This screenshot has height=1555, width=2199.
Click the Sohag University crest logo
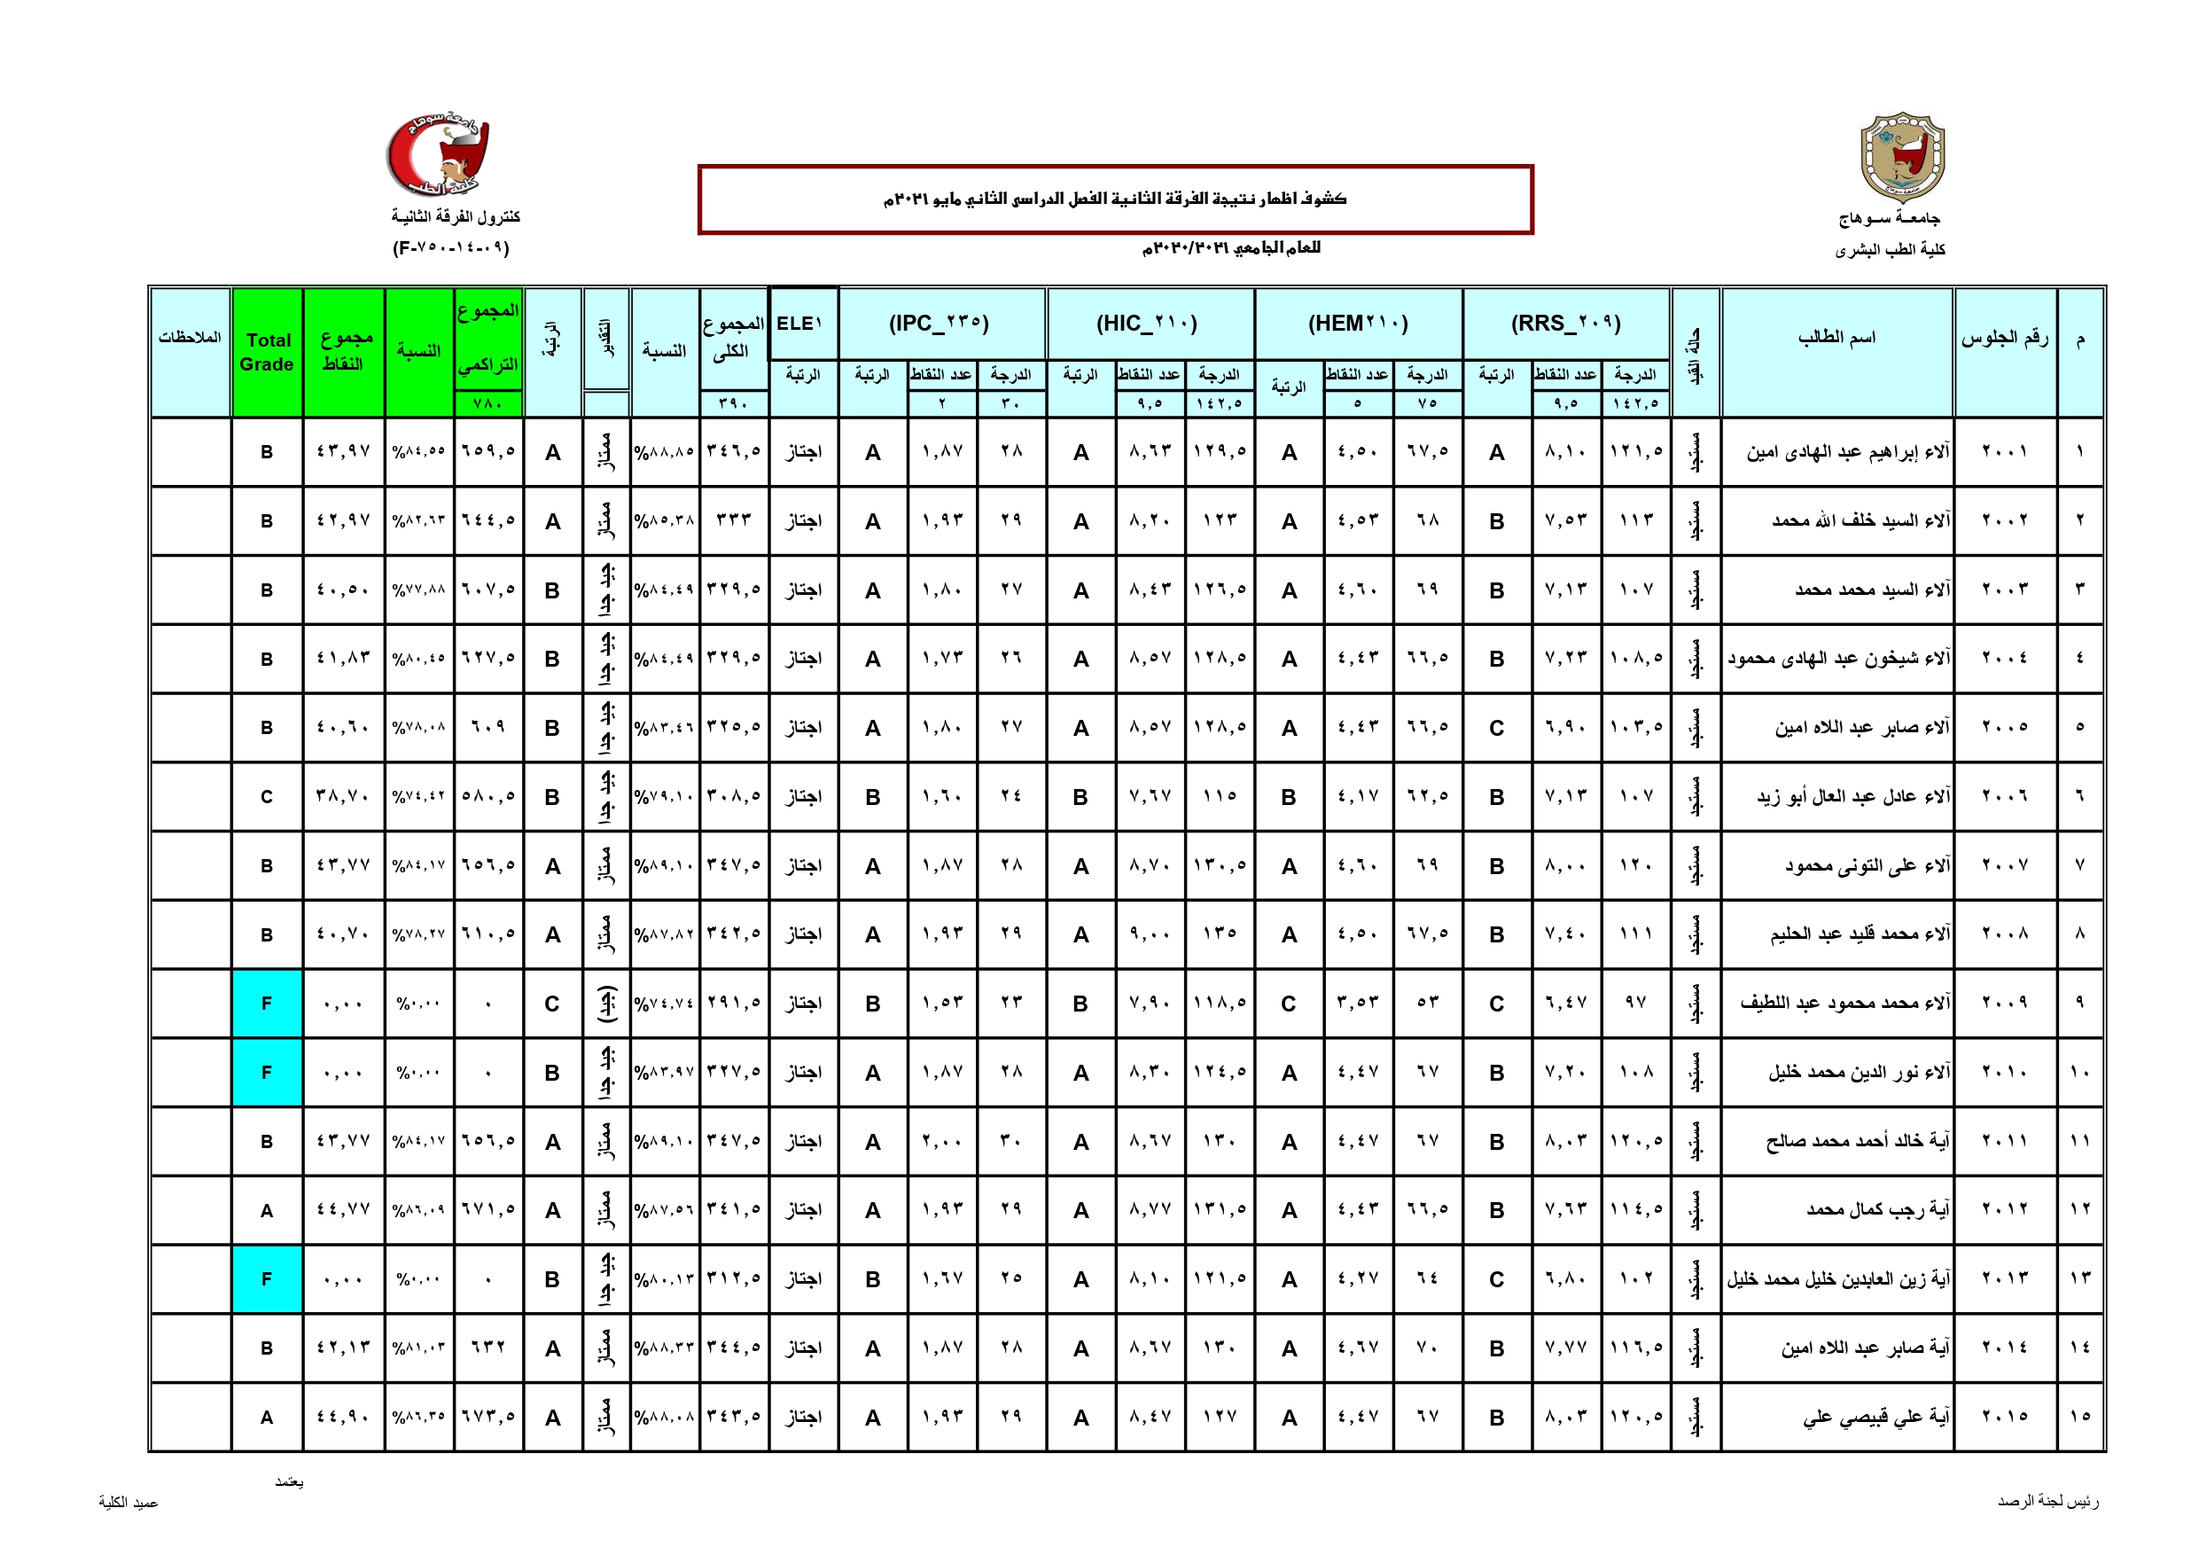pos(1902,157)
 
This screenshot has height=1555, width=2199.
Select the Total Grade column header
pos(267,352)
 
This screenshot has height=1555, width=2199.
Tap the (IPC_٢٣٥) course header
pos(940,323)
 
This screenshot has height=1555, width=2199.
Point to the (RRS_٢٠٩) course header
pos(1566,323)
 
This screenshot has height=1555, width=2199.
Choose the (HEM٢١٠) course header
pos(1358,323)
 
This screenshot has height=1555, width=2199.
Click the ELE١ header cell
pos(800,323)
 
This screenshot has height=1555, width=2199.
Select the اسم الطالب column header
pos(1836,337)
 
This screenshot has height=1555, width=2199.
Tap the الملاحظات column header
pos(190,337)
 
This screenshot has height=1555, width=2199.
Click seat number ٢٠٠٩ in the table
pos(2005,1004)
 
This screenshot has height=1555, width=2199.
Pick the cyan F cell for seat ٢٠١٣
pos(267,1279)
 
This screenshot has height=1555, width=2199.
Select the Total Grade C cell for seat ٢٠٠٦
pos(267,796)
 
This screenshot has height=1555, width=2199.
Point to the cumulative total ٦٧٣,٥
pos(488,1417)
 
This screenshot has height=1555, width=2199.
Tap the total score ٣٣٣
pos(734,520)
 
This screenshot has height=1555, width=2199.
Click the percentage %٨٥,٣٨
pos(665,520)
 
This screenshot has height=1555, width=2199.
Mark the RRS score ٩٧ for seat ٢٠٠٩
pos(1636,1004)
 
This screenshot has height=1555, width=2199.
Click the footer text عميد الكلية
pos(129,1503)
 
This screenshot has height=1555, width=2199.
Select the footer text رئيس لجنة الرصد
pos(2047,1501)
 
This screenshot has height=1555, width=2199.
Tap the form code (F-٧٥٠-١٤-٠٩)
pos(451,248)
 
